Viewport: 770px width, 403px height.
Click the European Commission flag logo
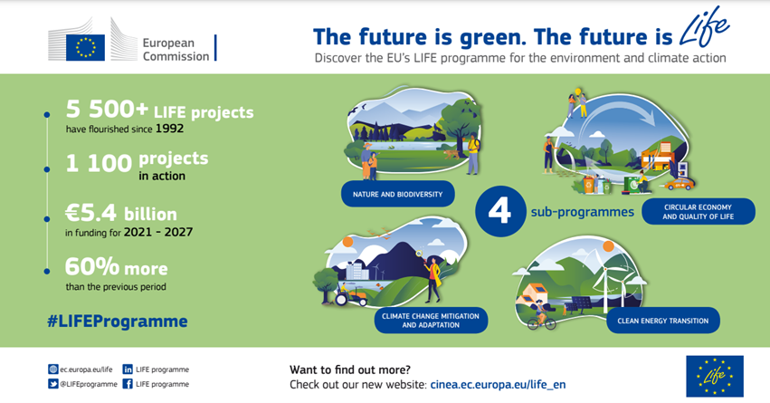[85, 47]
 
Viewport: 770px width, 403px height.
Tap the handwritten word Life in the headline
[705, 27]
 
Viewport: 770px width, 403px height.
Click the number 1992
[169, 129]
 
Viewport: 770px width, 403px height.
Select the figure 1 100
[99, 163]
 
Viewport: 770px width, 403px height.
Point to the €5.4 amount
[90, 213]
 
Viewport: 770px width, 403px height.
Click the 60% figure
[91, 267]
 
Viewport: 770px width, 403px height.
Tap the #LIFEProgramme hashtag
[118, 321]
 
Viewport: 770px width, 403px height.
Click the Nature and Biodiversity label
[398, 194]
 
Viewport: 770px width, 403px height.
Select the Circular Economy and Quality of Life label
[698, 212]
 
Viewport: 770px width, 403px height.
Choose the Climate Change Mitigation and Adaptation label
[431, 321]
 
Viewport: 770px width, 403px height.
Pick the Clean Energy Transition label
[663, 321]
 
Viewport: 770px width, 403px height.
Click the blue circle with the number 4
[499, 212]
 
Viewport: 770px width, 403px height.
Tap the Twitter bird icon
[53, 384]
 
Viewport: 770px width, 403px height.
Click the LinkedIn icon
[128, 369]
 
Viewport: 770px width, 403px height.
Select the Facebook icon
[128, 384]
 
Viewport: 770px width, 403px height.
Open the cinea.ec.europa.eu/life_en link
[498, 384]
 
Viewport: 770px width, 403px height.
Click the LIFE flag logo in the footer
[715, 376]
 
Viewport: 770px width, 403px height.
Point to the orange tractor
[351, 296]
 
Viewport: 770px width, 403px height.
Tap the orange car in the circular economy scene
[680, 184]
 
